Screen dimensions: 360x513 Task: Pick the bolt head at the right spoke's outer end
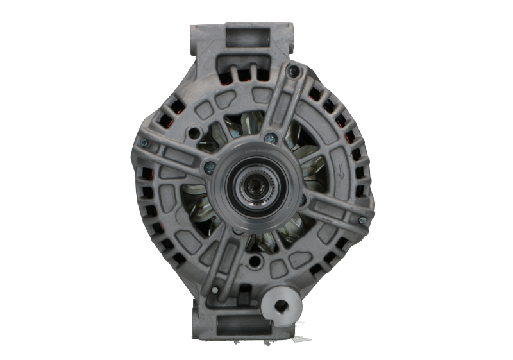point(362,221)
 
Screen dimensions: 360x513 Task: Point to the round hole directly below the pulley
point(256,261)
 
